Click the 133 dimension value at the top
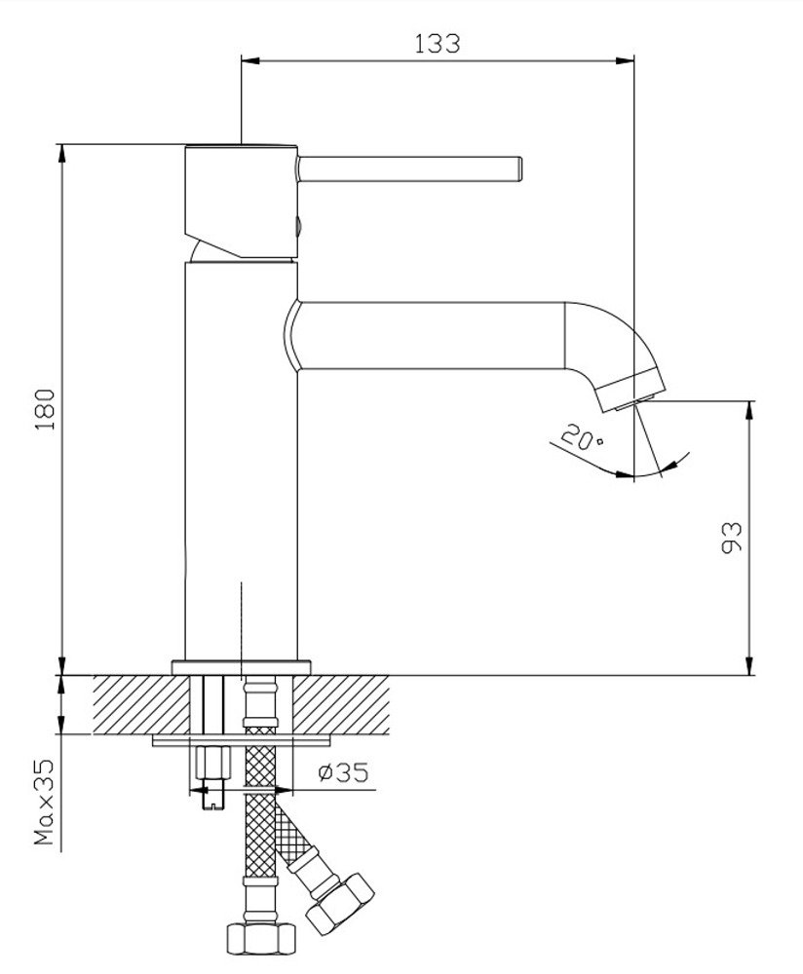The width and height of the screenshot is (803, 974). [x=437, y=44]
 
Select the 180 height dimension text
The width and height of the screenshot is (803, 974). [x=46, y=409]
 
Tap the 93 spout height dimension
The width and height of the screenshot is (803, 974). [x=732, y=538]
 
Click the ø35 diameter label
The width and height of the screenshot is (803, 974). [x=343, y=772]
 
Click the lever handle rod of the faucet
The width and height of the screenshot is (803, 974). [x=409, y=169]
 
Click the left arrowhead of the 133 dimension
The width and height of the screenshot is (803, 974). [x=249, y=60]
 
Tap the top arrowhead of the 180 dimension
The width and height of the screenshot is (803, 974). [x=61, y=154]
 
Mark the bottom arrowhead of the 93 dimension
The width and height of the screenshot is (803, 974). [x=750, y=666]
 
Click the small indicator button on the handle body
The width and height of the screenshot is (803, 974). [x=297, y=226]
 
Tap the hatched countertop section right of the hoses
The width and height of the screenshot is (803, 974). [x=341, y=704]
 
